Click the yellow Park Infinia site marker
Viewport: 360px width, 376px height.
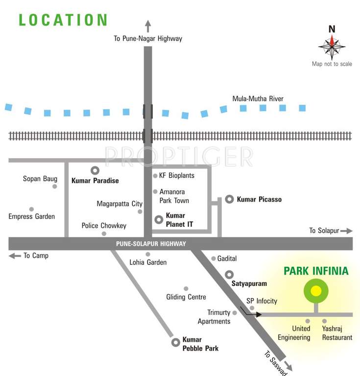click(316, 291)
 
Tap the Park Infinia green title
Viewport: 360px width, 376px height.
click(316, 271)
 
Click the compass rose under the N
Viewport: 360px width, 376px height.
click(332, 47)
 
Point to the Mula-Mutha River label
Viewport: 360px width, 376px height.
click(258, 99)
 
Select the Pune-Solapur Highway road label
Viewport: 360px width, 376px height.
click(151, 243)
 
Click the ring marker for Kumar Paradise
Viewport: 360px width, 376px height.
click(95, 170)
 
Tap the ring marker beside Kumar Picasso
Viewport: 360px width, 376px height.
click(229, 199)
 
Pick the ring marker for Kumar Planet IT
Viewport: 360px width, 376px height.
click(159, 220)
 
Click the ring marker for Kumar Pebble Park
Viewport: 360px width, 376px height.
click(175, 343)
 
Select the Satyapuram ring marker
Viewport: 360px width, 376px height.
click(229, 274)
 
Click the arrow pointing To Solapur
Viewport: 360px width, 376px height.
click(346, 231)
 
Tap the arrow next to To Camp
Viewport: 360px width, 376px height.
click(15, 256)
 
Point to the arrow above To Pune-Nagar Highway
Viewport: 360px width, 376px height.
click(148, 26)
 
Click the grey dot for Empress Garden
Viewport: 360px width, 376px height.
click(31, 209)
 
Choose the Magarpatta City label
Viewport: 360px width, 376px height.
click(120, 204)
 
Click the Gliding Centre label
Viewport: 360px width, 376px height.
click(186, 297)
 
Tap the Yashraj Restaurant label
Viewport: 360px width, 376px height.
click(337, 333)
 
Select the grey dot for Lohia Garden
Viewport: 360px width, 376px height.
click(148, 254)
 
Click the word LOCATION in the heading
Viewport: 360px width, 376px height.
click(63, 20)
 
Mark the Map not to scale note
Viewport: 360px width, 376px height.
click(332, 64)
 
